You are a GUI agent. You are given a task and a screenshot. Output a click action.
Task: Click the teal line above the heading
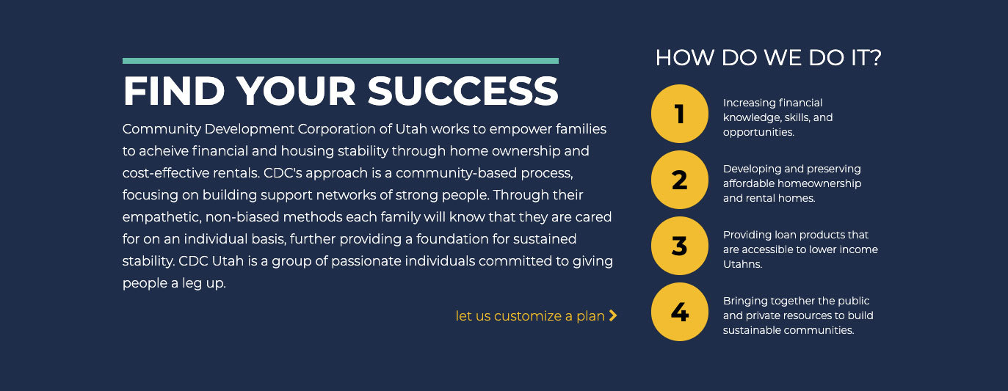[x=340, y=61]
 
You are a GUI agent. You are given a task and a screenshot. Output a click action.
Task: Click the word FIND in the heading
[x=174, y=91]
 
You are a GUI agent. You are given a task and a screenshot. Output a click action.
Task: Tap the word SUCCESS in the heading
[x=463, y=91]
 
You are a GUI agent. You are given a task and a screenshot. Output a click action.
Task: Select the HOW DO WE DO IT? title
[x=768, y=58]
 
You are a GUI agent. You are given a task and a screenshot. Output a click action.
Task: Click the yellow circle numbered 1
[x=680, y=114]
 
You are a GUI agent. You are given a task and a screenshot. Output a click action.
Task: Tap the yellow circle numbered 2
[x=680, y=180]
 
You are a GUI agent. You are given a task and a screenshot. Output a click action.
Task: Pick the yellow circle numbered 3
[x=680, y=246]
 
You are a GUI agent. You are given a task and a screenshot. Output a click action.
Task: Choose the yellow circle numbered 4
[x=680, y=312]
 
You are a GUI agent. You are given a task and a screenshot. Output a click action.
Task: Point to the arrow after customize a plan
[x=613, y=316]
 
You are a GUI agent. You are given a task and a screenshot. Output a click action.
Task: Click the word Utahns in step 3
[x=742, y=264]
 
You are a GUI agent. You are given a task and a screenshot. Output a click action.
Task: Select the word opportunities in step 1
[x=758, y=133]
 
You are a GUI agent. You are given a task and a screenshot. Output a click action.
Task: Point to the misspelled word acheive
[x=163, y=151]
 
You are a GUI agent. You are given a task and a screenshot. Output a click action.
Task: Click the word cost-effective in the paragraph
[x=167, y=173]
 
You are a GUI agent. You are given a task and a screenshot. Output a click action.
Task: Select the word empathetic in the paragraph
[x=162, y=218]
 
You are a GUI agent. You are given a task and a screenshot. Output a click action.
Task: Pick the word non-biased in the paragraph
[x=242, y=217]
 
